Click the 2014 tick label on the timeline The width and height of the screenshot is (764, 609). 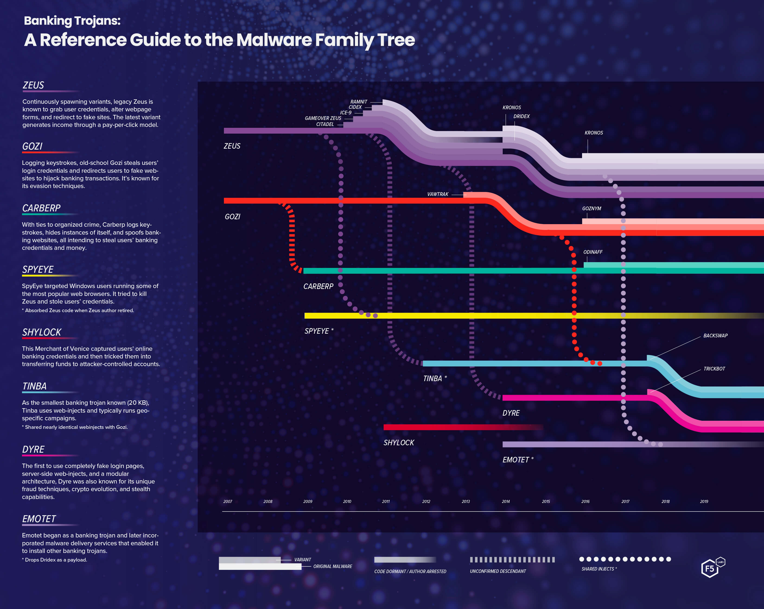pos(506,501)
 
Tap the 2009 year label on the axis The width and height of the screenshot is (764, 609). pos(308,501)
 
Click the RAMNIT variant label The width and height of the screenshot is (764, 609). pos(359,102)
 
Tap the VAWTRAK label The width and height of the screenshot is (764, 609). pos(438,194)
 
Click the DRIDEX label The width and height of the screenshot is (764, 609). pos(521,116)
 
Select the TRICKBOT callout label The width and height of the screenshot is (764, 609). pos(714,369)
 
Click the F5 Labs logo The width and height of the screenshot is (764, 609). pos(712,567)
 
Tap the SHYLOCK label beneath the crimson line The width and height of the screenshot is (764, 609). pos(399,443)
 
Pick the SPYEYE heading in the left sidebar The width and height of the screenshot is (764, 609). pos(38,270)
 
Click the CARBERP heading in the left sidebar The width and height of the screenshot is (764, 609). pos(41,208)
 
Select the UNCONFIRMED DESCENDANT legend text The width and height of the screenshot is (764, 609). pos(497,571)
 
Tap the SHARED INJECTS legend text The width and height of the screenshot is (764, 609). pos(598,569)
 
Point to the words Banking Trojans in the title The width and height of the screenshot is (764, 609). pos(72,21)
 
